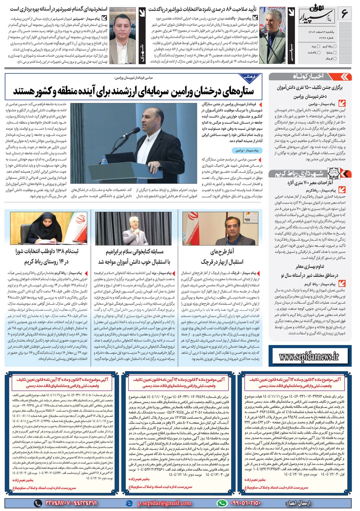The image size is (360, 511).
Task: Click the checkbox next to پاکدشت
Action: coord(319,53)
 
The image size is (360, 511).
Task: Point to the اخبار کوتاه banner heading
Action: coord(308,76)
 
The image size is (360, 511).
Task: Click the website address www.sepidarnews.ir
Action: coord(310,357)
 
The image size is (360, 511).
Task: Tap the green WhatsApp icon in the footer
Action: coord(222,503)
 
